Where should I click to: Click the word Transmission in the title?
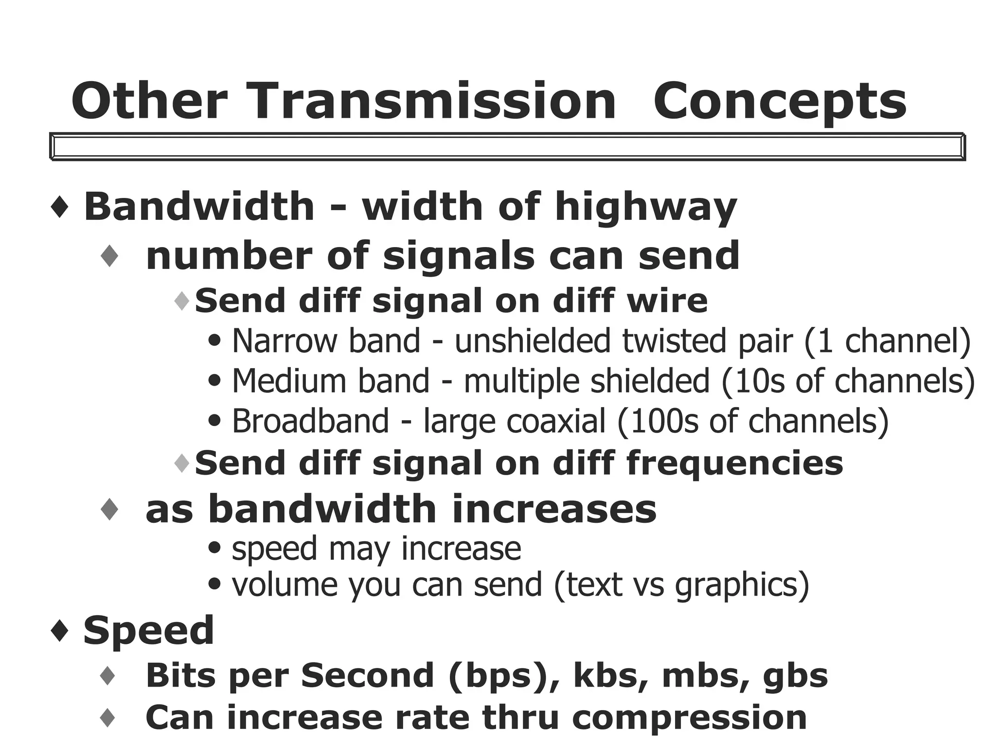[x=433, y=101]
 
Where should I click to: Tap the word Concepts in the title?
[x=780, y=102]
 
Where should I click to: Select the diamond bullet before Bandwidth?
[x=59, y=207]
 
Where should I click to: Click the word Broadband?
[x=310, y=421]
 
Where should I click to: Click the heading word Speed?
[x=149, y=631]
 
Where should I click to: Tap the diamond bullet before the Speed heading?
[x=59, y=631]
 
